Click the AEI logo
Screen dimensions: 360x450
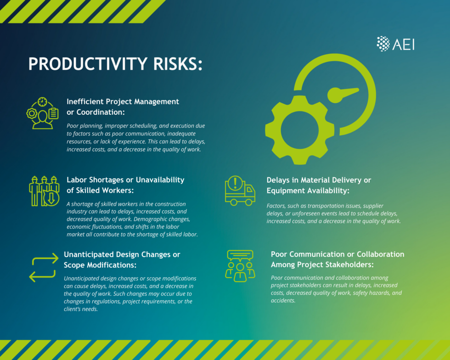pos(395,44)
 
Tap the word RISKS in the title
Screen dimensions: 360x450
pos(176,64)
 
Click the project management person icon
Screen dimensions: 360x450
pos(42,113)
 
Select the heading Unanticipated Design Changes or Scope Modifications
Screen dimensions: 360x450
pos(122,259)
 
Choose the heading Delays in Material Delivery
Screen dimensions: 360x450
pos(319,185)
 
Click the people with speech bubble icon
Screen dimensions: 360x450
pos(240,265)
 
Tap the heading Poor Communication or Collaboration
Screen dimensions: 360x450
pos(337,259)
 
